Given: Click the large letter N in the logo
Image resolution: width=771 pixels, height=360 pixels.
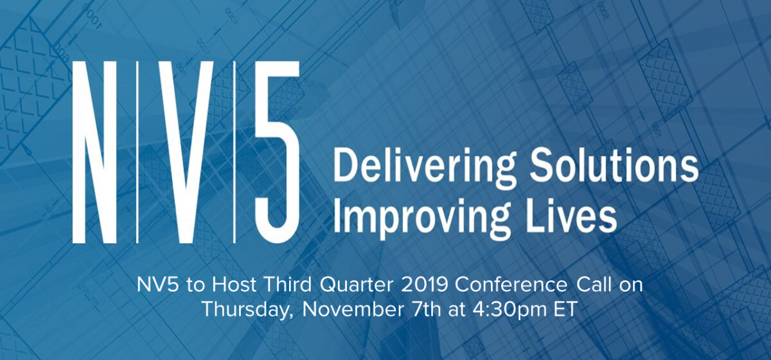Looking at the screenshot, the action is (x=94, y=152).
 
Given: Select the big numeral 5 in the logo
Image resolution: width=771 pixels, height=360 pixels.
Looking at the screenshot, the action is (x=277, y=152).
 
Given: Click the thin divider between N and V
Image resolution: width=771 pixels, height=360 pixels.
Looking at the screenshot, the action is (x=138, y=152).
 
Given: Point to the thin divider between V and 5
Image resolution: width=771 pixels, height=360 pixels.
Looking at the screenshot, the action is (x=235, y=152).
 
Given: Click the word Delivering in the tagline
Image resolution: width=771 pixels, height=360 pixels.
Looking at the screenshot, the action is (x=423, y=168).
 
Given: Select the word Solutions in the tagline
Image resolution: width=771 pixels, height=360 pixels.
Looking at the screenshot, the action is (x=614, y=165).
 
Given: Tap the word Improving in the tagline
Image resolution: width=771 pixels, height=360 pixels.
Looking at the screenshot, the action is (x=422, y=216).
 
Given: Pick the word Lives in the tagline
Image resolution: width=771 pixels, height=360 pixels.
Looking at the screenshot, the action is (x=571, y=213).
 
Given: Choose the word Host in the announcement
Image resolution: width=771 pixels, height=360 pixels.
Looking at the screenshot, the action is (x=234, y=285).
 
